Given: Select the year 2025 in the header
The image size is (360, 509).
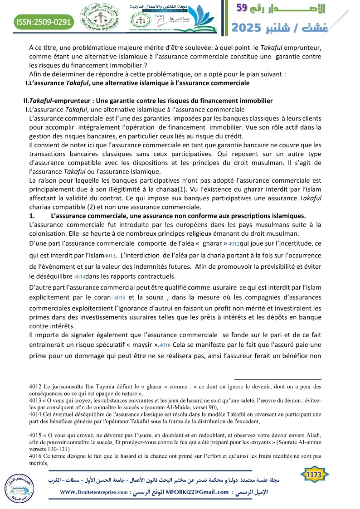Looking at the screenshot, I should (x=248, y=28).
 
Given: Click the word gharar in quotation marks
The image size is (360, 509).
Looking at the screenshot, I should (x=211, y=243).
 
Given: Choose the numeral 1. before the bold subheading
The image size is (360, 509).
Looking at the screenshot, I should (x=31, y=215).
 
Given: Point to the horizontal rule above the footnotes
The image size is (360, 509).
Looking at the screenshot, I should (x=277, y=379).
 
